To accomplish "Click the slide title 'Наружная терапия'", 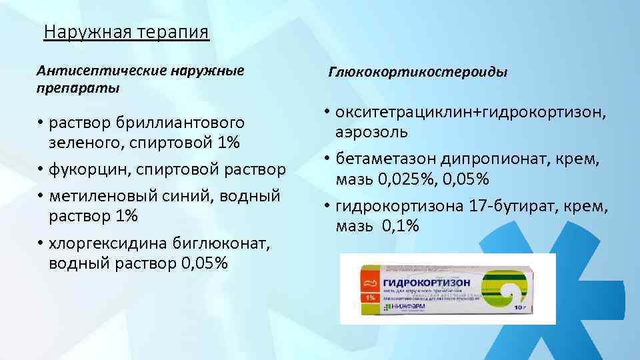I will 126,32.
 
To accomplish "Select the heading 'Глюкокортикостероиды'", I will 417,71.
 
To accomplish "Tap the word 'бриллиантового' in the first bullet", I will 181,123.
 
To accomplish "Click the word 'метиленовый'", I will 101,196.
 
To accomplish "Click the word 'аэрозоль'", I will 371,131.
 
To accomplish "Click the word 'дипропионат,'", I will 501,160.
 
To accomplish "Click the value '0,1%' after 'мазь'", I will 400,227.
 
